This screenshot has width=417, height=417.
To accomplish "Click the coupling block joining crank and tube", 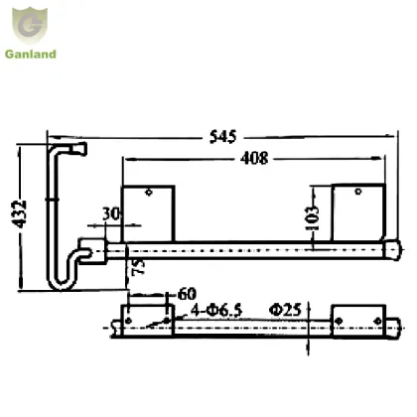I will point(95,248).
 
